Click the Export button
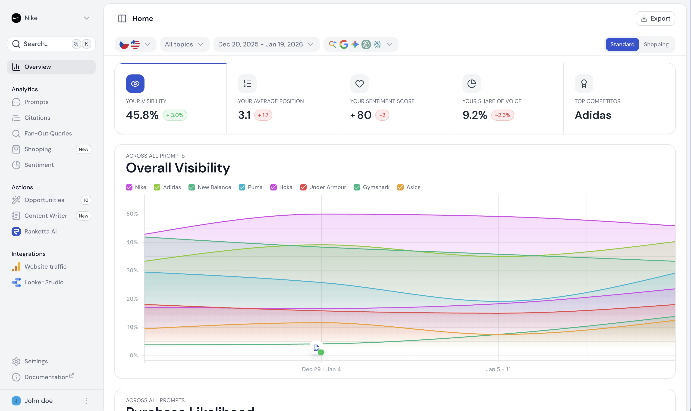click(x=655, y=18)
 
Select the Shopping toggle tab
click(x=656, y=44)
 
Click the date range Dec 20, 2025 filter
click(x=266, y=44)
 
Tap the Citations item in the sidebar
click(x=37, y=118)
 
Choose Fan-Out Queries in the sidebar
click(x=48, y=133)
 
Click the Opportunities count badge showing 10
click(x=86, y=200)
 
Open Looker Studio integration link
click(x=44, y=282)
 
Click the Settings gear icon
click(x=16, y=362)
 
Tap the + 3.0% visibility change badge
click(x=175, y=115)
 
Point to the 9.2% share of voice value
click(x=475, y=115)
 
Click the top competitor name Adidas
click(x=593, y=115)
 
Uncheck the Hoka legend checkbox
click(x=273, y=187)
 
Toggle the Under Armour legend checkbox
click(x=303, y=187)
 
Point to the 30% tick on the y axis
click(x=132, y=270)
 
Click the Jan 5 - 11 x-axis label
click(x=498, y=369)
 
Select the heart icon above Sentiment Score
click(x=359, y=84)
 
